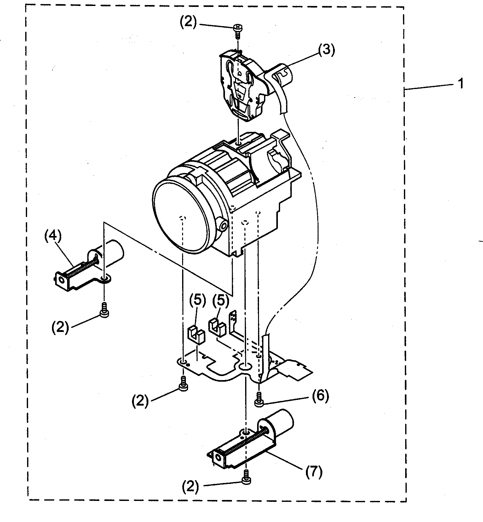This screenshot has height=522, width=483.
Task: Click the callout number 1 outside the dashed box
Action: pyautogui.click(x=461, y=84)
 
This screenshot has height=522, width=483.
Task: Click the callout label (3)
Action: pyautogui.click(x=326, y=50)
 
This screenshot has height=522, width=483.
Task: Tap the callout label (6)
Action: pyautogui.click(x=320, y=396)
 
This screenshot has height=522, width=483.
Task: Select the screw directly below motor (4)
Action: pyautogui.click(x=104, y=310)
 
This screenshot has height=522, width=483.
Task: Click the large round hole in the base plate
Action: pyautogui.click(x=245, y=367)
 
